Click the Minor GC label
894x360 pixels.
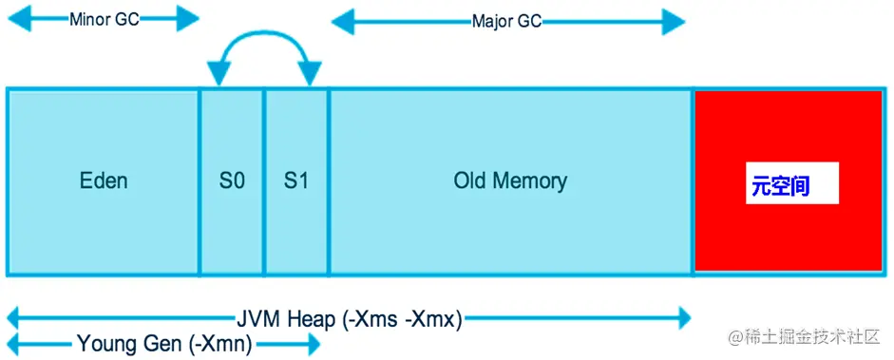105,19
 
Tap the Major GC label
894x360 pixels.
506,21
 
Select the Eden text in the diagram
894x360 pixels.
104,180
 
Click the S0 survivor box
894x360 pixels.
232,180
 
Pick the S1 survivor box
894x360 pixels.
296,180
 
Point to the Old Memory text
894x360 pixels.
510,180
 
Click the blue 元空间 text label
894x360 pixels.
780,186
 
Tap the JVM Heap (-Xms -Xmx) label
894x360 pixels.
349,319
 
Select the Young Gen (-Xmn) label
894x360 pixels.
164,344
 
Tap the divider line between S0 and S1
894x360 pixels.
264,180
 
